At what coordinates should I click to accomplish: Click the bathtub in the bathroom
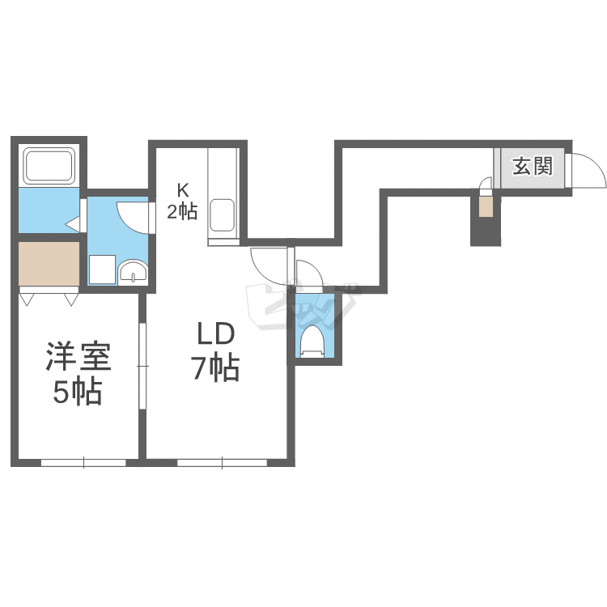pyautogui.click(x=49, y=166)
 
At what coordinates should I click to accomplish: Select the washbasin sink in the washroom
pyautogui.click(x=133, y=270)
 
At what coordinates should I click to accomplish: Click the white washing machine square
pyautogui.click(x=102, y=269)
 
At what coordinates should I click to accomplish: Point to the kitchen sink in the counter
pyautogui.click(x=222, y=215)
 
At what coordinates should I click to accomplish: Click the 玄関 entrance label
pyautogui.click(x=533, y=167)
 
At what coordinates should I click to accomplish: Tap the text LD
pyautogui.click(x=215, y=333)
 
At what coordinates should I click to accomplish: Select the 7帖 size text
pyautogui.click(x=214, y=368)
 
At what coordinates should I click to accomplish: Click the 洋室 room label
pyautogui.click(x=79, y=356)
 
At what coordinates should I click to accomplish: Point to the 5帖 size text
pyautogui.click(x=78, y=392)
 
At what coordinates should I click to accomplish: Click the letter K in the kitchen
pyautogui.click(x=182, y=190)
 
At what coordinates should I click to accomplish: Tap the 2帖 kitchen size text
pyautogui.click(x=182, y=211)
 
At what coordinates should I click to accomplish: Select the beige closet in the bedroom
pyautogui.click(x=49, y=263)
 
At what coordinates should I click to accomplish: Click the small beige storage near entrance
pyautogui.click(x=486, y=206)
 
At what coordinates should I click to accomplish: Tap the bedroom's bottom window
pyautogui.click(x=83, y=462)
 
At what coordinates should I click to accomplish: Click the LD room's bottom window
pyautogui.click(x=223, y=462)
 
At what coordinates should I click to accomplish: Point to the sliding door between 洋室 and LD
pyautogui.click(x=142, y=366)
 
